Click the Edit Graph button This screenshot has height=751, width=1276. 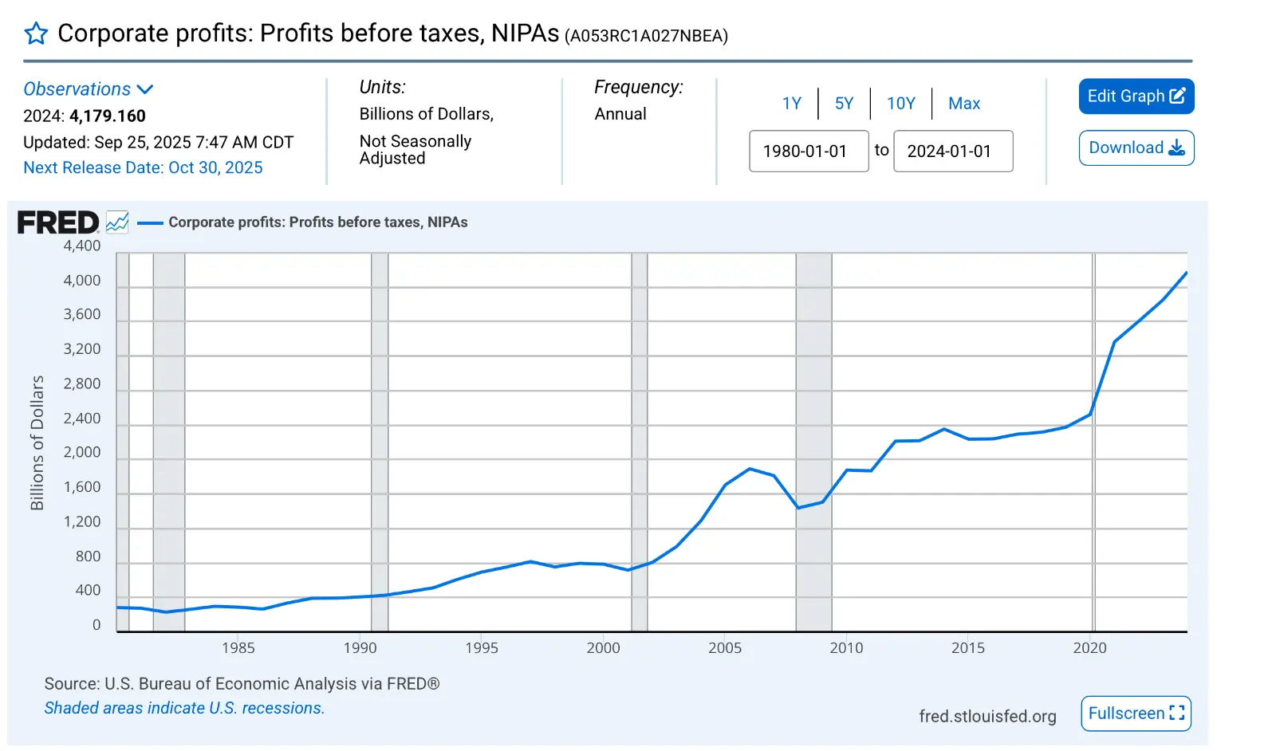(x=1136, y=96)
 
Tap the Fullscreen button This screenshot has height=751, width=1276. (x=1136, y=714)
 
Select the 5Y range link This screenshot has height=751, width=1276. (x=844, y=104)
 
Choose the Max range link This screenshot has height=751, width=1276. (x=963, y=104)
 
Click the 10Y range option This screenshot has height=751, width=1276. (x=900, y=104)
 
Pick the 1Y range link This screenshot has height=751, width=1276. (x=791, y=104)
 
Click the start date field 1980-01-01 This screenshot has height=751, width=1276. (x=808, y=151)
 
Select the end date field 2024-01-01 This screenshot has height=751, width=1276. (x=952, y=151)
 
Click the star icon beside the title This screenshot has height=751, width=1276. (x=36, y=33)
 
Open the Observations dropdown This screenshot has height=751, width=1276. (x=88, y=89)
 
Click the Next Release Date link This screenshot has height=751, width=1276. (x=143, y=168)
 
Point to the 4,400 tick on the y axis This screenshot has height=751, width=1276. (x=82, y=246)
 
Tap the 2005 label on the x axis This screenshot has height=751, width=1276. (x=724, y=648)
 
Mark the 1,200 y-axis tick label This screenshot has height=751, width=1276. (x=82, y=522)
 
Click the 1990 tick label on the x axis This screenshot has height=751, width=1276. (x=360, y=648)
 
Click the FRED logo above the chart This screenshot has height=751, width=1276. (x=57, y=222)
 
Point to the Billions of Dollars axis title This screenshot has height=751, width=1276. (x=37, y=442)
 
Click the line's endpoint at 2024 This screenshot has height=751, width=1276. (x=1187, y=273)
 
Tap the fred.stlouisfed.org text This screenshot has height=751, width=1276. (x=987, y=717)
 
